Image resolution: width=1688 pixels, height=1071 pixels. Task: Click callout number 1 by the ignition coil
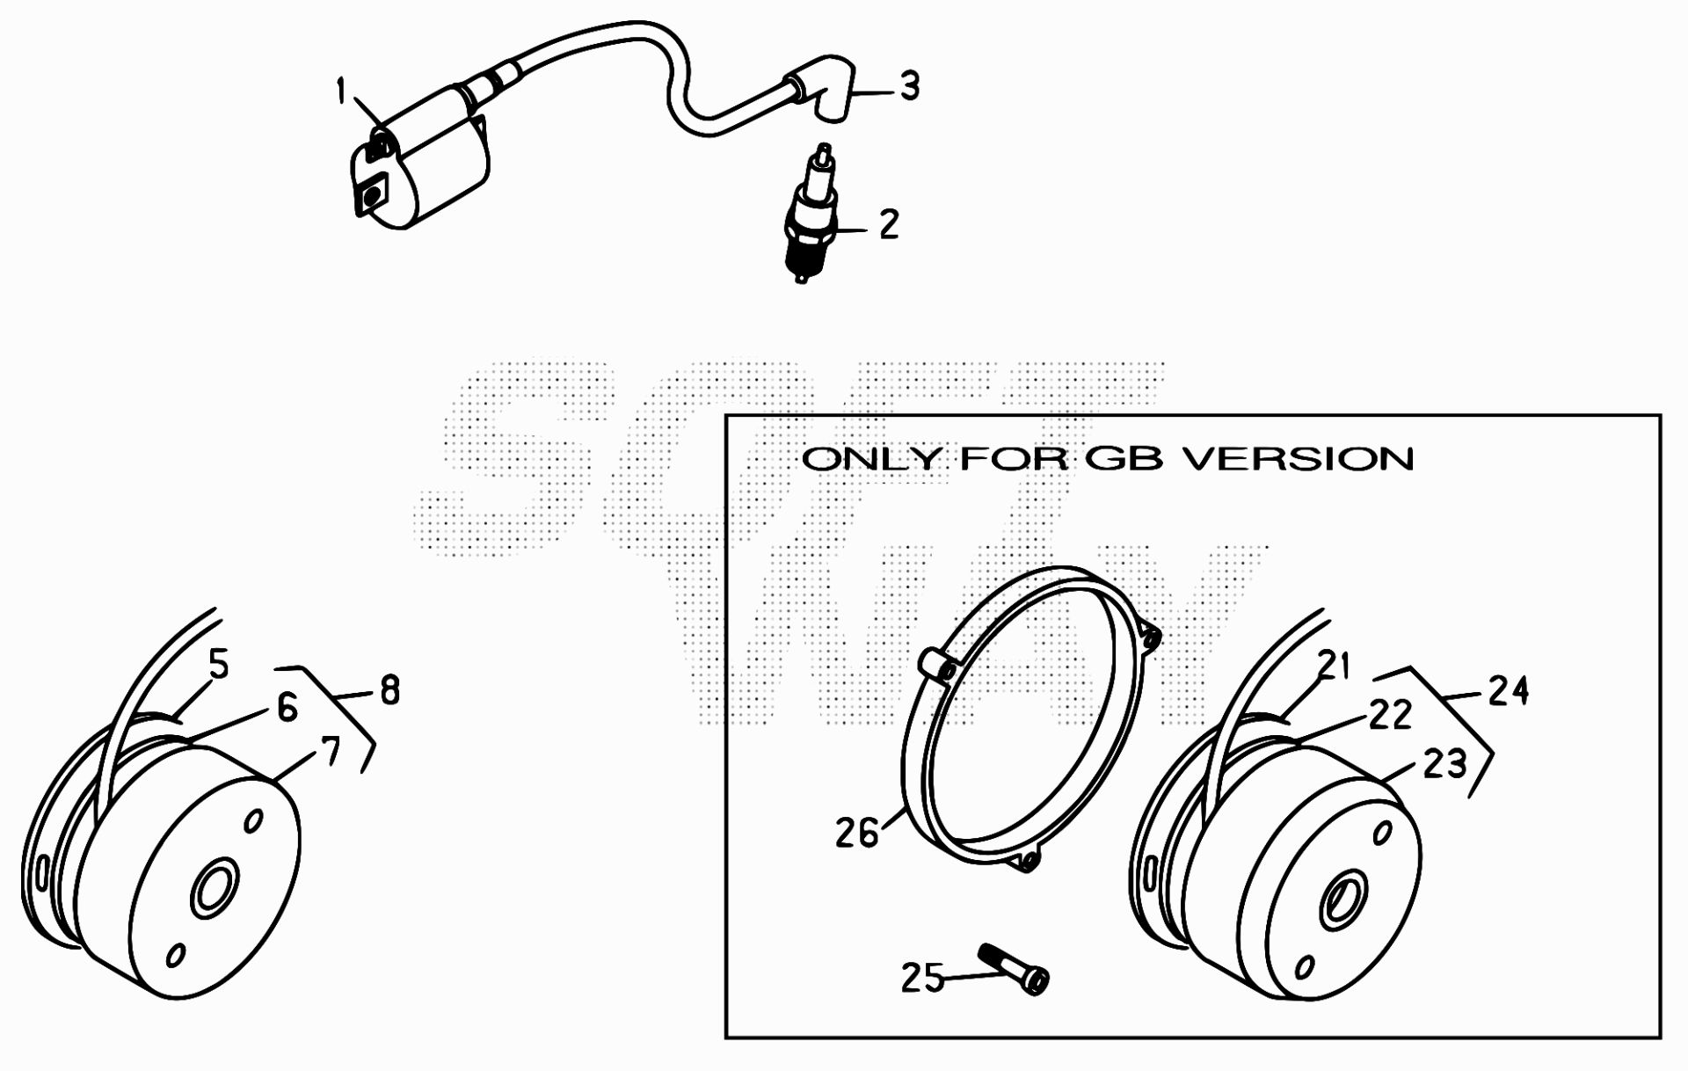(x=342, y=91)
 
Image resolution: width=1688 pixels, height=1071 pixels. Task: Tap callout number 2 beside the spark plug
(x=889, y=224)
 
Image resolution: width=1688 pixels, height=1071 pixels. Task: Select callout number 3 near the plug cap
(x=910, y=86)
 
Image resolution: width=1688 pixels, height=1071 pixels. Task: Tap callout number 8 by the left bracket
(x=389, y=691)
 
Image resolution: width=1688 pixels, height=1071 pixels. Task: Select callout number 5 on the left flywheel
(x=218, y=664)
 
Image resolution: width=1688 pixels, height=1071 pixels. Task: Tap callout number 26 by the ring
(x=857, y=833)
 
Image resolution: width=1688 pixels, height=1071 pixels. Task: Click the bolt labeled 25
(x=1014, y=969)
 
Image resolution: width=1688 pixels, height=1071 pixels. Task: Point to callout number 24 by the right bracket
(x=1509, y=691)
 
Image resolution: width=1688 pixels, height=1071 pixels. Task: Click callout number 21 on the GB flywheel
(x=1334, y=666)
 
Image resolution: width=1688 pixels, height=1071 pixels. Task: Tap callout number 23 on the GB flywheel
(x=1445, y=764)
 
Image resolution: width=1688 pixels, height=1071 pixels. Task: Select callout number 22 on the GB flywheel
(x=1390, y=714)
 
